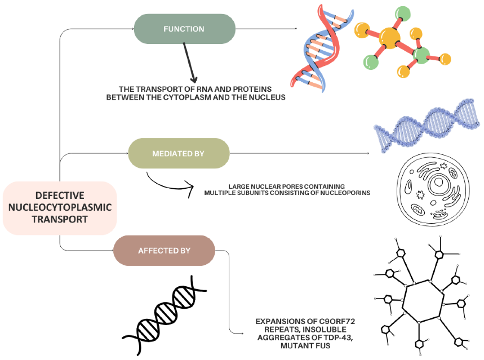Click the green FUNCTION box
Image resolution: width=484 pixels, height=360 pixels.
pyautogui.click(x=184, y=29)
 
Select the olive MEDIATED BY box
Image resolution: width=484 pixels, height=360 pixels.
pyautogui.click(x=179, y=153)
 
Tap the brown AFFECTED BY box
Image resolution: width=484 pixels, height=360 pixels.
pyautogui.click(x=165, y=251)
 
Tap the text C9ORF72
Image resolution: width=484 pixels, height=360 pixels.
pyautogui.click(x=337, y=321)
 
